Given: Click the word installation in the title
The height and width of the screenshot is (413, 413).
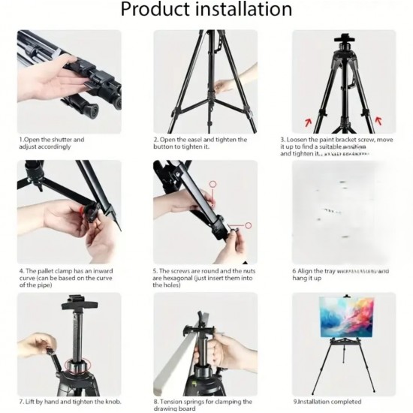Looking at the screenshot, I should (243, 10).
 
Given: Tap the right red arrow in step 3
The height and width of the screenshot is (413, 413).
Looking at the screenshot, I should (377, 119).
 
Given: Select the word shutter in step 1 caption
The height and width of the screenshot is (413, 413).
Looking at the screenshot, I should (62, 140).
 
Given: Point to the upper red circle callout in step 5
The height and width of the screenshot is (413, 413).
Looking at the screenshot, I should (213, 183).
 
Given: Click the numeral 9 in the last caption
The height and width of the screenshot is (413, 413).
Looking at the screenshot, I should (294, 402).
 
